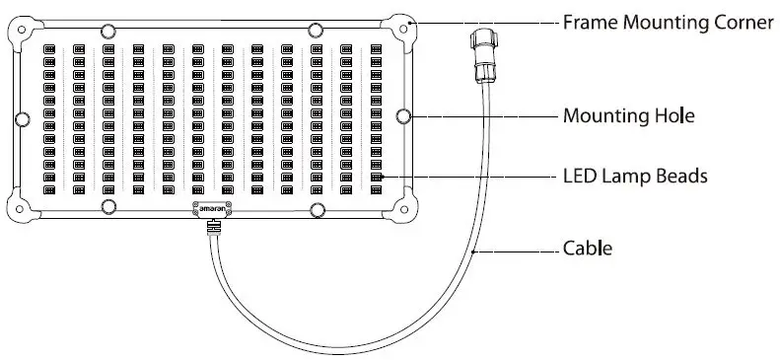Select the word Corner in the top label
[x=743, y=22]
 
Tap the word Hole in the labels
[x=674, y=116]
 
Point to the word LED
[x=579, y=177]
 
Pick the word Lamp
[x=626, y=177]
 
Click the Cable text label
[x=587, y=248]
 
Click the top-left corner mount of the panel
[x=24, y=31]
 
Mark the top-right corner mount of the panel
[x=402, y=29]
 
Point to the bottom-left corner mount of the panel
[x=23, y=204]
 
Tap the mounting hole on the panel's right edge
[x=403, y=116]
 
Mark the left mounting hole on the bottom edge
[x=108, y=206]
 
